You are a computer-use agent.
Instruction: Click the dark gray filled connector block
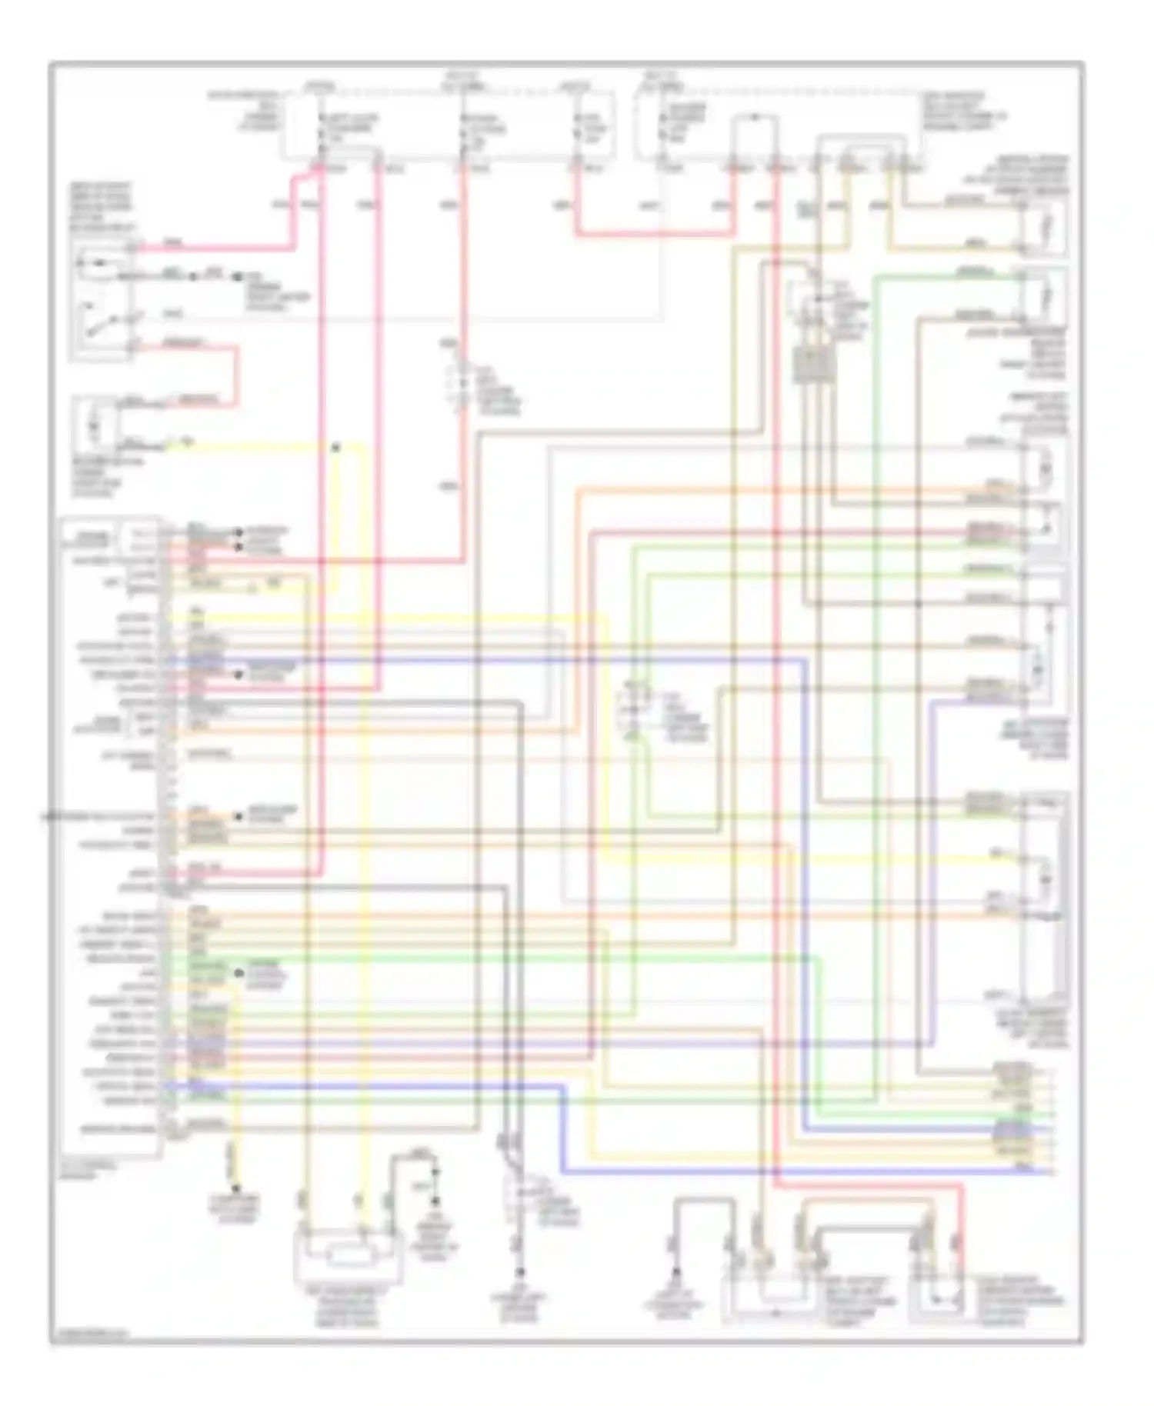[x=812, y=365]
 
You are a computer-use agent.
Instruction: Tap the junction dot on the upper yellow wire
[x=335, y=447]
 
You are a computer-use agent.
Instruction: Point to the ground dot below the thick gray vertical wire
[x=521, y=1272]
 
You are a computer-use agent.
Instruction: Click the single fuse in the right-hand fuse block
[x=663, y=128]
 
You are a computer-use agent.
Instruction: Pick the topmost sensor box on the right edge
[x=1042, y=227]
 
